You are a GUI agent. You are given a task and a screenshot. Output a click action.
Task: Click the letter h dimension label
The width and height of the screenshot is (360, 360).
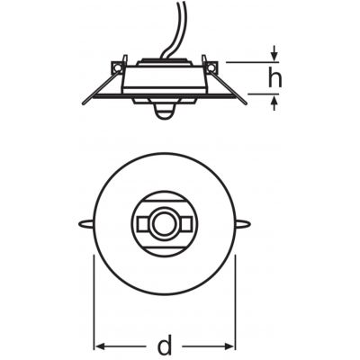coord(275,77)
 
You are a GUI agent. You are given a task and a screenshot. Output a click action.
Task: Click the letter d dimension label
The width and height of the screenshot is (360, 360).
coord(165,346)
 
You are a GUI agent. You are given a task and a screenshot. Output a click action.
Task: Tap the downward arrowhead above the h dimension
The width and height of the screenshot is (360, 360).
coord(274,56)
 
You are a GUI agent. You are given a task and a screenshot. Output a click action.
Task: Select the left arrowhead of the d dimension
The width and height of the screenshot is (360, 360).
coord(99,346)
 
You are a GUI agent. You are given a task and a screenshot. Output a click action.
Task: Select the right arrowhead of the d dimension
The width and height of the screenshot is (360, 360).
coord(230,346)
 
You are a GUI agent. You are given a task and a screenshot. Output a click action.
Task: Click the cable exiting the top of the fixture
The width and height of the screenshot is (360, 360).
coord(175,30)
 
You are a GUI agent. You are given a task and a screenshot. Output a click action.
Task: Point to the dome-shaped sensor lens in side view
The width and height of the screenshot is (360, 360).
coord(164,113)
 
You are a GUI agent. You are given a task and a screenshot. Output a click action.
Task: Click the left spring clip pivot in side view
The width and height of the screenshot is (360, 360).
coord(117,67)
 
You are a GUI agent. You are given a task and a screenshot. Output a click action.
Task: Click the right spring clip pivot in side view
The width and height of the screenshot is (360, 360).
coord(211,67)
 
